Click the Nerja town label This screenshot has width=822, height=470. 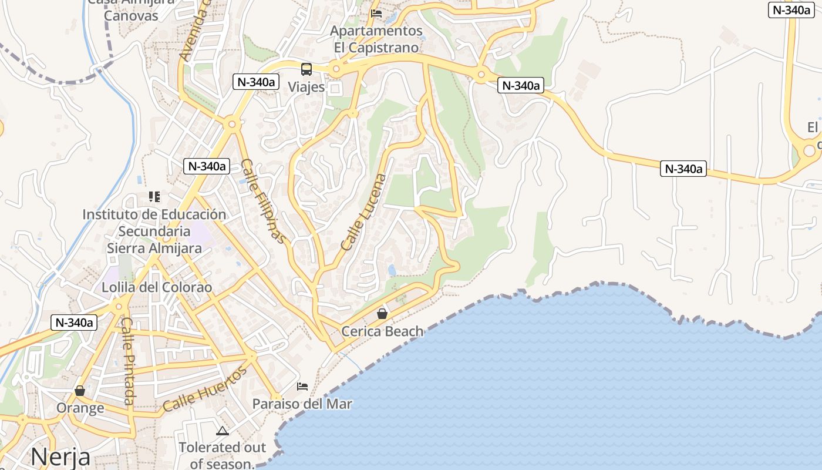click(x=60, y=456)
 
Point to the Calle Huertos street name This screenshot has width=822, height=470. click(x=205, y=389)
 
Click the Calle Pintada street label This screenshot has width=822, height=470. click(x=129, y=361)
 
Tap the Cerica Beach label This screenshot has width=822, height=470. click(x=382, y=331)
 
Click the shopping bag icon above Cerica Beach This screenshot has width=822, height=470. click(x=382, y=314)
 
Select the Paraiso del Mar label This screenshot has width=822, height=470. click(x=302, y=404)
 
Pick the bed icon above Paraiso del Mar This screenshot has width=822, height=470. click(x=302, y=387)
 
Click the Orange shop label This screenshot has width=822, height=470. click(x=80, y=408)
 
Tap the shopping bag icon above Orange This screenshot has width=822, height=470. click(x=80, y=391)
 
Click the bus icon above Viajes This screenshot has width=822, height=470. click(x=306, y=69)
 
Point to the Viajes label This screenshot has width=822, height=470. click(x=306, y=87)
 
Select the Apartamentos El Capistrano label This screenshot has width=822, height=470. click(x=376, y=39)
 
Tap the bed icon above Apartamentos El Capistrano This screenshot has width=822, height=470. click(x=376, y=14)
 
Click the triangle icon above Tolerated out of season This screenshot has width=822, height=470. click(x=222, y=431)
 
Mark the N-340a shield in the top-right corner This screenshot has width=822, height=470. click(x=791, y=10)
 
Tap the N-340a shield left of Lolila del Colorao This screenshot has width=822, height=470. click(x=75, y=322)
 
